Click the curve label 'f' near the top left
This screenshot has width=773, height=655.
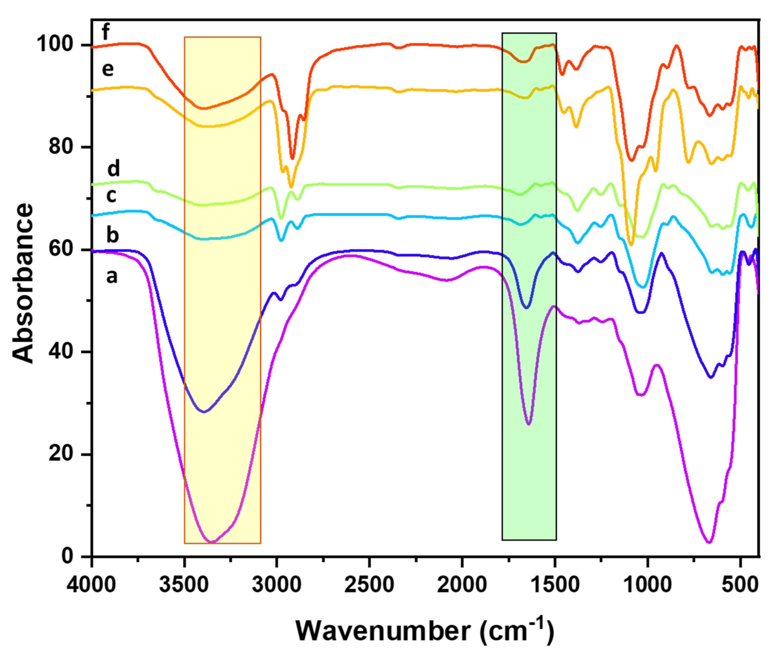pyautogui.click(x=106, y=32)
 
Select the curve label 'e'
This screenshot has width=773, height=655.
pyautogui.click(x=108, y=69)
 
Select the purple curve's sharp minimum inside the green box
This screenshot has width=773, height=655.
pyautogui.click(x=529, y=424)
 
